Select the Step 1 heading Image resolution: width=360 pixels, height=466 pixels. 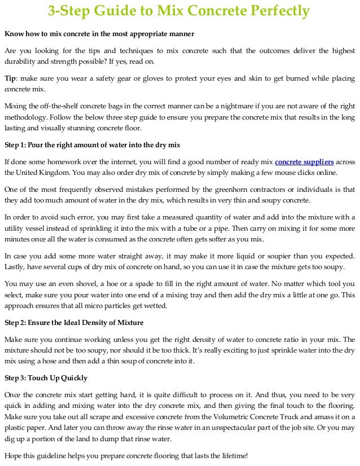tap(92, 144)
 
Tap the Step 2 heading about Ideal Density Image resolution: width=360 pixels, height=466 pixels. tap(74, 323)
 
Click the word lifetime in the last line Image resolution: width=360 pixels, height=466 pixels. tap(232, 455)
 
